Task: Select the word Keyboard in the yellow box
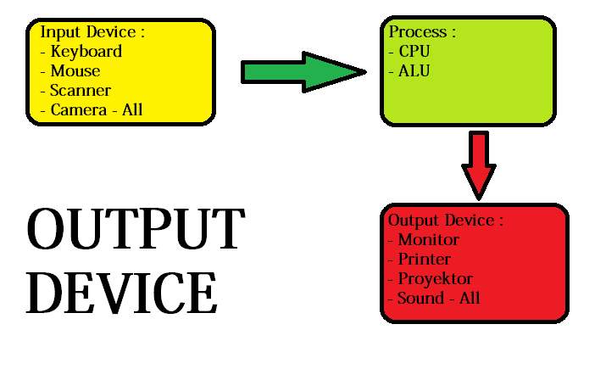pos(86,52)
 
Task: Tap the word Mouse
pos(75,71)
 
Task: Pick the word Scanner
pos(81,91)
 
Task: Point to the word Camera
pos(78,110)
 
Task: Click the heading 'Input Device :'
pos(92,32)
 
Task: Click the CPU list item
pos(415,52)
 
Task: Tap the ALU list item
pos(414,71)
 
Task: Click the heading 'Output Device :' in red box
pos(446,221)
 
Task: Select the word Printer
pos(425,260)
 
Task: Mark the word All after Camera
pos(131,110)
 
